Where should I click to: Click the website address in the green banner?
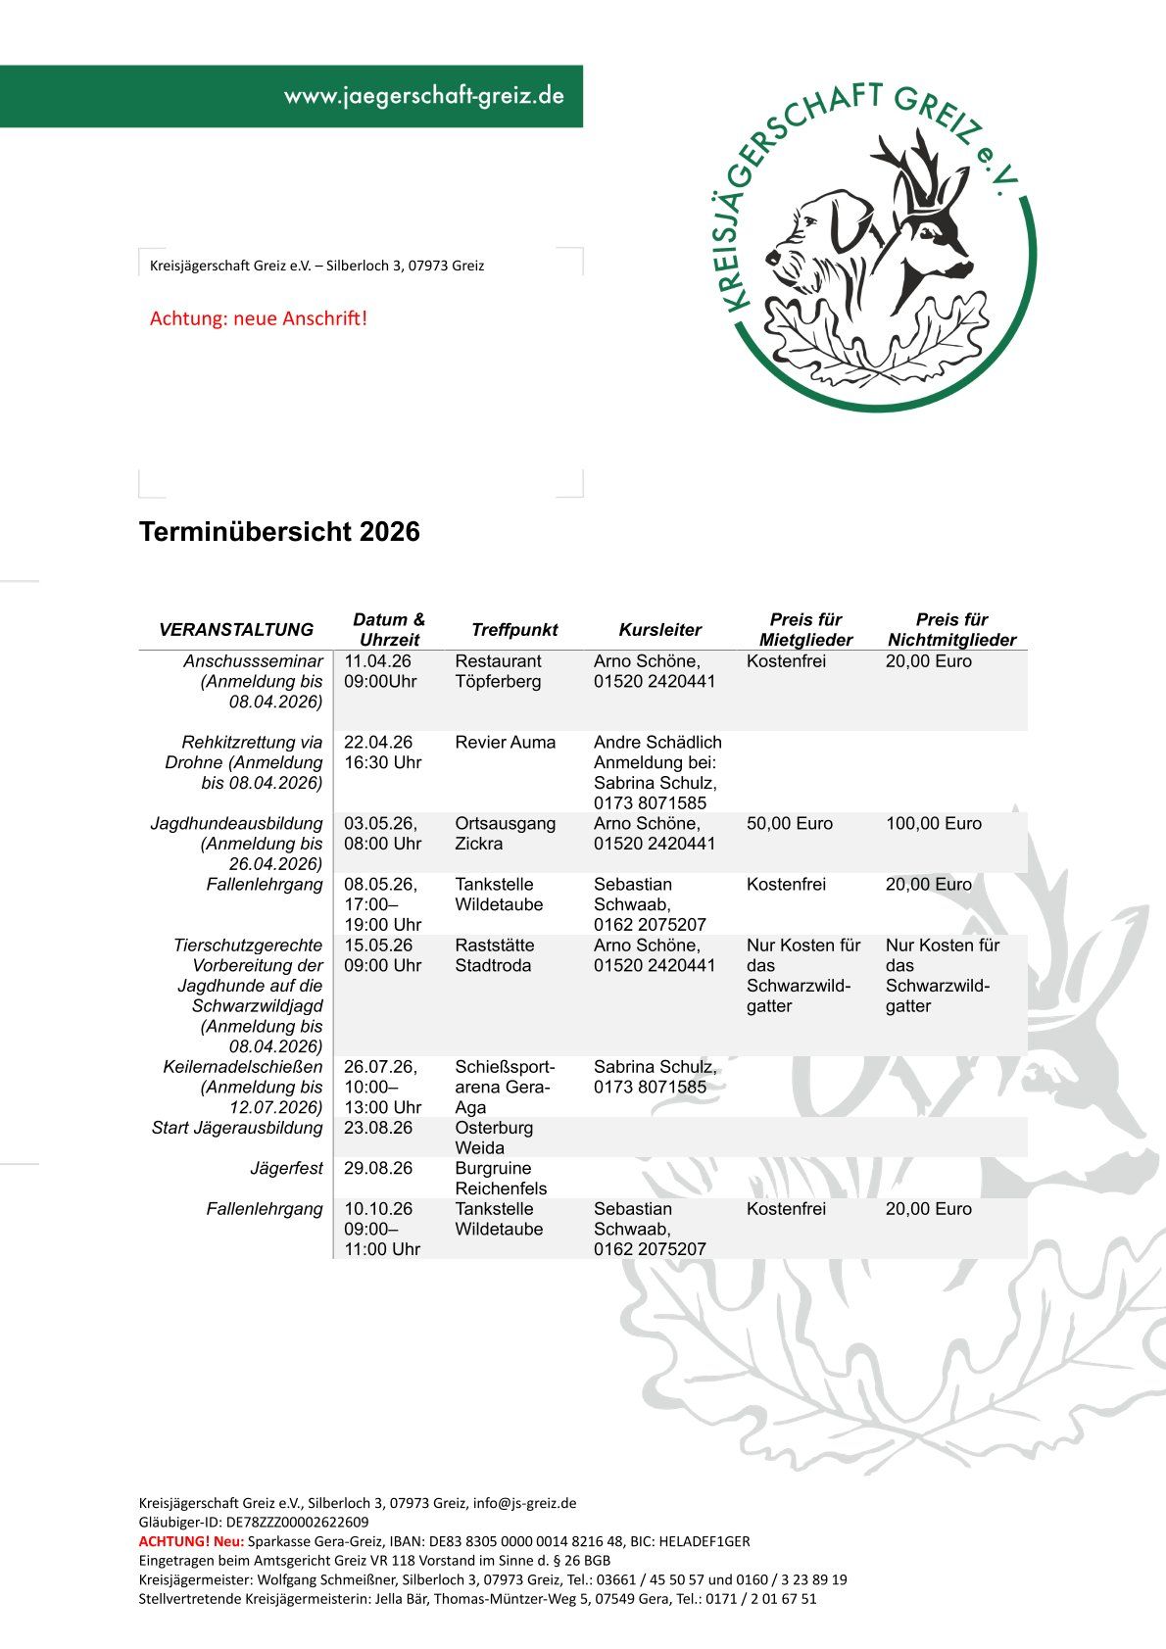click(423, 96)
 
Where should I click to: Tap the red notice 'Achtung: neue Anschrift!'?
click(259, 318)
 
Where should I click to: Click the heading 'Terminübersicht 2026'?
click(279, 532)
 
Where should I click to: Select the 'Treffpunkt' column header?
click(514, 630)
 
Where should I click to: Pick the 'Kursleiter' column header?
click(660, 630)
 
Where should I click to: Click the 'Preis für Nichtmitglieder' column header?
click(951, 630)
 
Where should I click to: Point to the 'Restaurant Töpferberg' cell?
click(498, 671)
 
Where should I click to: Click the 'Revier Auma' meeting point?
click(505, 743)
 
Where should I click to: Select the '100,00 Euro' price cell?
click(933, 824)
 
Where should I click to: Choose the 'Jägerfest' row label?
click(286, 1169)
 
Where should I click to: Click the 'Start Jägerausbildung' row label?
click(237, 1128)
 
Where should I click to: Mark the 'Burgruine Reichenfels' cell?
click(501, 1179)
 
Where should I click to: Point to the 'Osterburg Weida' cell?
click(494, 1138)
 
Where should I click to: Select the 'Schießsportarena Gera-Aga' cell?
click(504, 1087)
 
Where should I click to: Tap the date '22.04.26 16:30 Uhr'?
click(382, 752)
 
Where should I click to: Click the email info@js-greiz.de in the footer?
click(524, 1503)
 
